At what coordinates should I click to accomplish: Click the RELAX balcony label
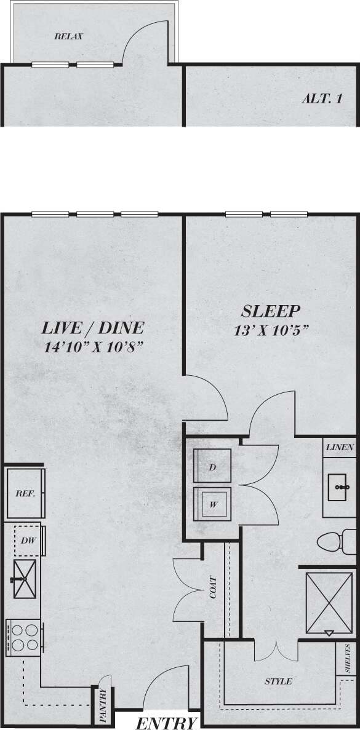click(x=68, y=36)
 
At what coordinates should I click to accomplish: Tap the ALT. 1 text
click(x=322, y=98)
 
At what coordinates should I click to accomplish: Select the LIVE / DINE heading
click(x=93, y=328)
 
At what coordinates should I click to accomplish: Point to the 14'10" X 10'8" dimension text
click(x=94, y=347)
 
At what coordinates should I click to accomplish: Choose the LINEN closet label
click(x=340, y=447)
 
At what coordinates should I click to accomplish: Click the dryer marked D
click(x=212, y=467)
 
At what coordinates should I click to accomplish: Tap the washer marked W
click(x=213, y=505)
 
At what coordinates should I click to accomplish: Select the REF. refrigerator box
click(x=25, y=493)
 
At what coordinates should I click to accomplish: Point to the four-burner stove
click(x=23, y=637)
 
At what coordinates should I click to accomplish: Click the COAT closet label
click(x=213, y=587)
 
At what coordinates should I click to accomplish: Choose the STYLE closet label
click(x=278, y=681)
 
